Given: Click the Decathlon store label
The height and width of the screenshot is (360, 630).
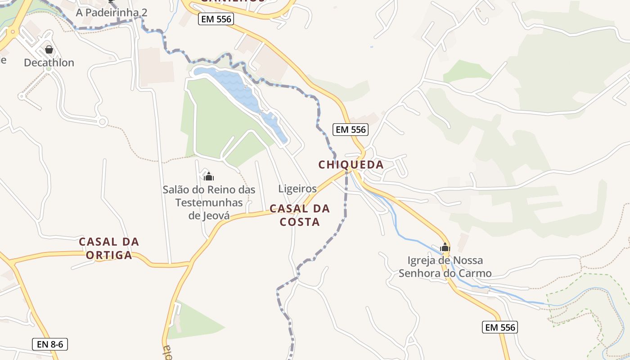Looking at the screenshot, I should click(49, 63).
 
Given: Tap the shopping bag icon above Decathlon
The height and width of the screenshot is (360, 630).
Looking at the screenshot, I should click(49, 49).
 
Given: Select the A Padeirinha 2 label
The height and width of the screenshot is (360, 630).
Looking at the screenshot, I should click(111, 13).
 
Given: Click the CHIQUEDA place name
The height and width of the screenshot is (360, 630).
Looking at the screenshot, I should click(351, 165).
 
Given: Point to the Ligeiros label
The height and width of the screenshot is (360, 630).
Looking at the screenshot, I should click(297, 189).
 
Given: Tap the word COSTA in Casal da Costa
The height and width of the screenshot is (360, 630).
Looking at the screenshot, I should click(300, 222).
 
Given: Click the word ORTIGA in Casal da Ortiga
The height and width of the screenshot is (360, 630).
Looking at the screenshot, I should click(109, 255).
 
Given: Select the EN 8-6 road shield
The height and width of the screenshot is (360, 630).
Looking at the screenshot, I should click(50, 345).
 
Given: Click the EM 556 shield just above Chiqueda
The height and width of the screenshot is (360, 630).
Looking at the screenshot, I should click(351, 130).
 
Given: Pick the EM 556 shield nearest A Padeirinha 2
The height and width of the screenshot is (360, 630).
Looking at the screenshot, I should click(215, 19).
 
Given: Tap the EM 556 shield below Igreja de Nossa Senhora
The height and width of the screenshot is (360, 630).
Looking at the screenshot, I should click(500, 327).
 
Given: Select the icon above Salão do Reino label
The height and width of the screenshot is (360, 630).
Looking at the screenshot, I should click(208, 176).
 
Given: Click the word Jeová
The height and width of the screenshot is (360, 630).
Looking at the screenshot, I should click(209, 216).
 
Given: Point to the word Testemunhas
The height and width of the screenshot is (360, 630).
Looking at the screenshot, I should click(209, 202).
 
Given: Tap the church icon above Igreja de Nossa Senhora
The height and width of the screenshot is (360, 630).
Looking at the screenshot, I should click(445, 247).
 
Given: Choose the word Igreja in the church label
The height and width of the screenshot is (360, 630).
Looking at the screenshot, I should click(422, 260).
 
